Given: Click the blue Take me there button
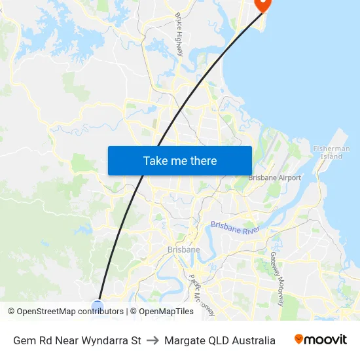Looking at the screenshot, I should click(180, 160).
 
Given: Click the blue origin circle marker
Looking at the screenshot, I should click(98, 306).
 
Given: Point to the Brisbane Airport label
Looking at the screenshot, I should click(274, 177).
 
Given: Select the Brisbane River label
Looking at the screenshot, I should click(235, 228).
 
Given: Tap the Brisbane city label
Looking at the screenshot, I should click(184, 249).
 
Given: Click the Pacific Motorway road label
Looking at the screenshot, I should click(202, 293).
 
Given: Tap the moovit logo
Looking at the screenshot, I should click(320, 340).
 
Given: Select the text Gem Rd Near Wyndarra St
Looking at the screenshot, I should click(77, 340).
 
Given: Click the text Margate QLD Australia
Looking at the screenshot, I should click(220, 340).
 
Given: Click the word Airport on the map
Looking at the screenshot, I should click(289, 177).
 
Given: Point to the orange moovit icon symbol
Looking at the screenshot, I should click(299, 339).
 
